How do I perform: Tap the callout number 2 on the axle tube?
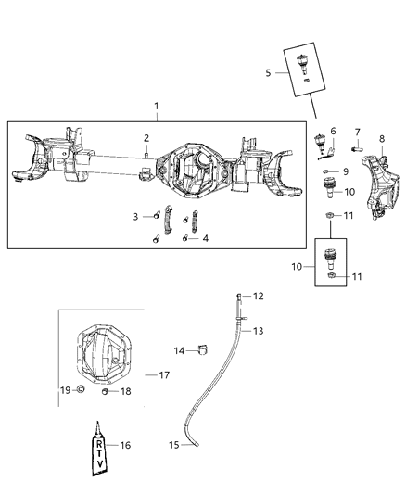pos(146,138)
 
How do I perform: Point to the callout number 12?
pos(260,297)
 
